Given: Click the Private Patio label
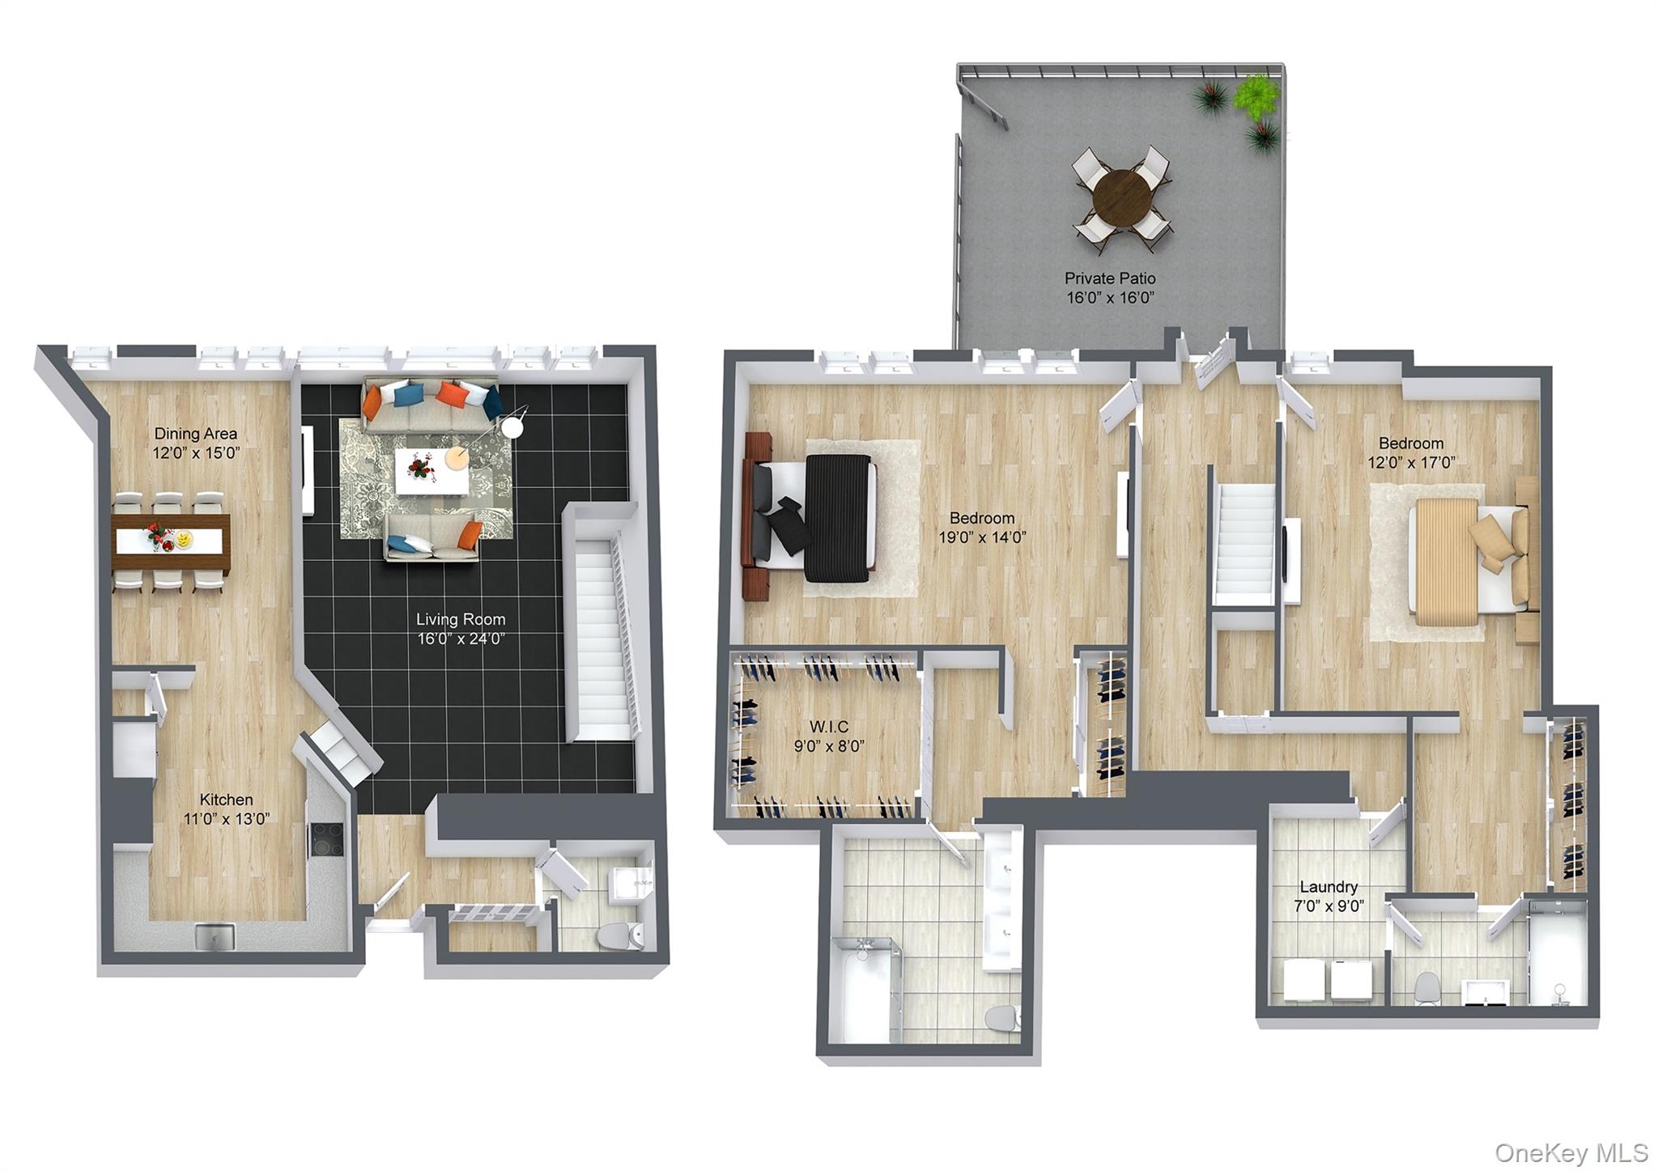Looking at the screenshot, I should [1109, 278].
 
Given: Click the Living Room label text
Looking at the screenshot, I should [461, 619].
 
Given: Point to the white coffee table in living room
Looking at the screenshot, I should [431, 471].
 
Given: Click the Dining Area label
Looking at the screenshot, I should [196, 434].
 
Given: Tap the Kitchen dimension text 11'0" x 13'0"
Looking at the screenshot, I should [227, 819].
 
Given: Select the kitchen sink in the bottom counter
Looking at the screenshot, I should [215, 936].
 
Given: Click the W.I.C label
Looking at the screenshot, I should [829, 727].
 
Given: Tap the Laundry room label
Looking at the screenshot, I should [1329, 887].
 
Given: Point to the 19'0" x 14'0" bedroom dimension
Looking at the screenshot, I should [982, 537].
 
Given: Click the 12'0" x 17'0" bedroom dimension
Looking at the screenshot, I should [1411, 463].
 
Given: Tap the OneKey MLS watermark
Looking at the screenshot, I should [1571, 1152].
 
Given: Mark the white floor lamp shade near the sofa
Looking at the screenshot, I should [512, 426].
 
